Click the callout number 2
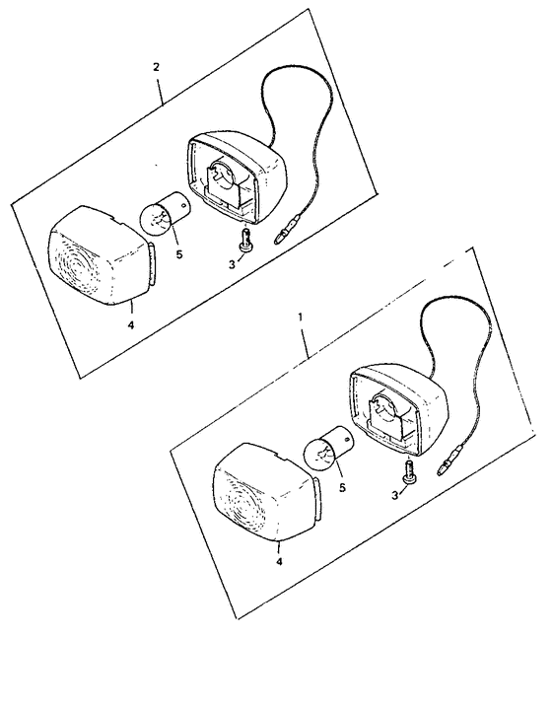[x=156, y=67]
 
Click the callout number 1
[x=300, y=317]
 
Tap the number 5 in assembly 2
[x=179, y=254]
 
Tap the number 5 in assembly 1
[x=342, y=487]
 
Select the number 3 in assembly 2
[x=232, y=264]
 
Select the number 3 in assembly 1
[x=395, y=496]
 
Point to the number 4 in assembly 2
[x=131, y=324]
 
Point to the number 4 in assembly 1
[x=279, y=562]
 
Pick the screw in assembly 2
[x=245, y=239]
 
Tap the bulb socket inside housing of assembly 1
[x=389, y=412]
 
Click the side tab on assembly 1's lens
[x=317, y=500]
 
